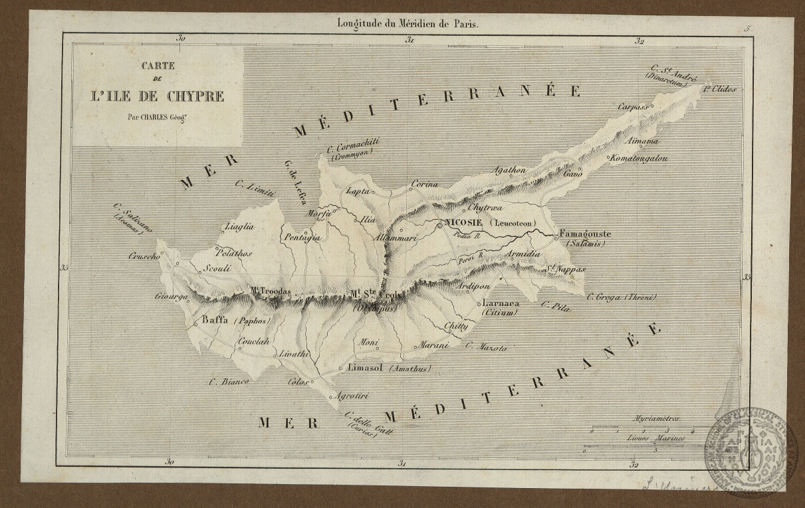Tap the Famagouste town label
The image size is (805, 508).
coord(585,234)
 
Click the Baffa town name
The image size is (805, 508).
coord(214,320)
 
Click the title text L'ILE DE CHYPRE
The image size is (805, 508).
coord(157,96)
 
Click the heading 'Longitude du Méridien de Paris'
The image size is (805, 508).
coord(407,23)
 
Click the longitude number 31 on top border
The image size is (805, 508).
coord(410,40)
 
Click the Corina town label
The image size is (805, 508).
coord(425,183)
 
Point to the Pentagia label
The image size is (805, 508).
coord(302,237)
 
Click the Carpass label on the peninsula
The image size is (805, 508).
coord(633,106)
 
